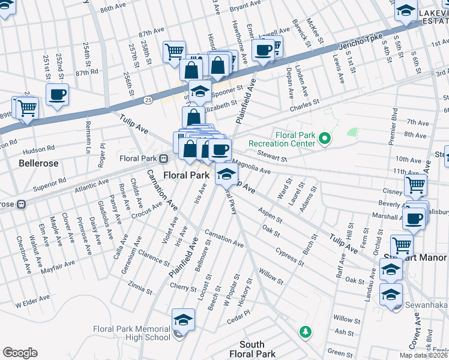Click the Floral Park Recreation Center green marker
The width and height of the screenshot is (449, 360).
point(325,140)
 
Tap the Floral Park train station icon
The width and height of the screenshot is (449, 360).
point(163,158)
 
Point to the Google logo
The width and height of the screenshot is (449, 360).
point(20,353)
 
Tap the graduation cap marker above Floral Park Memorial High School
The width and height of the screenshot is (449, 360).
point(183,320)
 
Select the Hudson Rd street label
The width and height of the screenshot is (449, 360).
point(39,148)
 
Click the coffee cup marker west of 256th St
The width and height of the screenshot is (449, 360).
point(57,94)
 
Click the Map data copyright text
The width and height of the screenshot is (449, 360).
point(424,355)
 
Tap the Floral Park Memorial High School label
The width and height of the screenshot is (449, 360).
point(132,333)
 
